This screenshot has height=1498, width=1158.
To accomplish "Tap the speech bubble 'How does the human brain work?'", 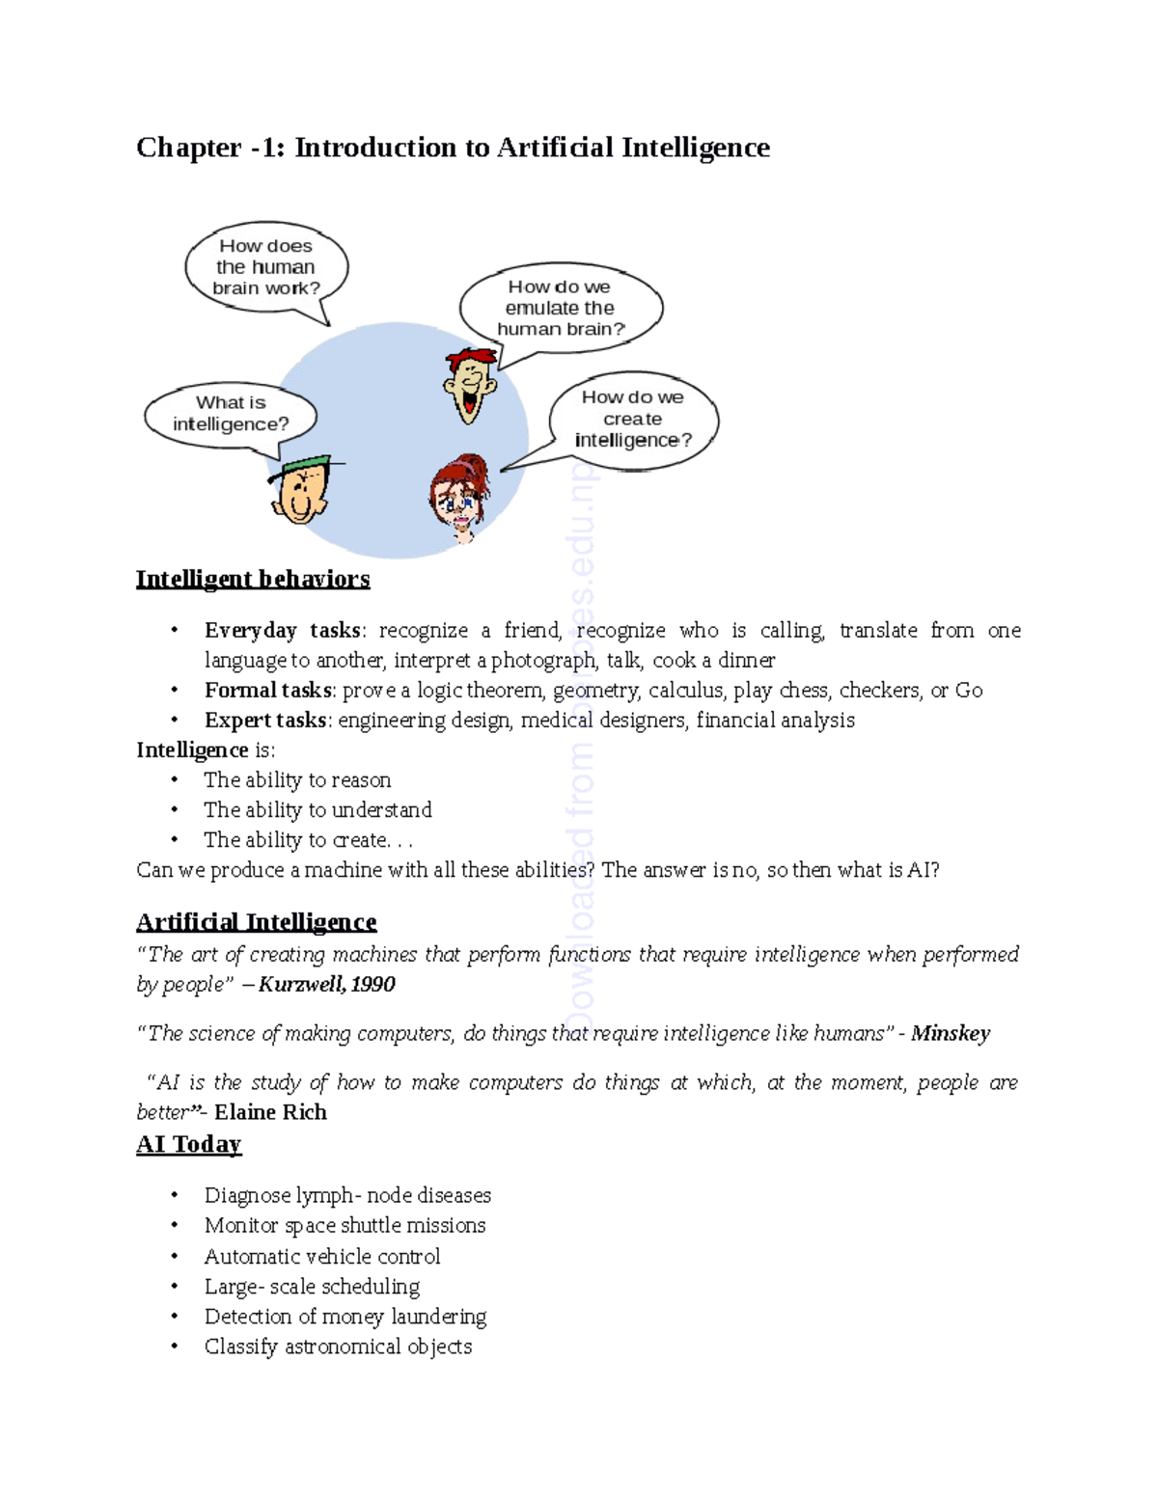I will [265, 267].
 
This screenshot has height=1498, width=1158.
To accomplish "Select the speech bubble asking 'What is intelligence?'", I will [231, 414].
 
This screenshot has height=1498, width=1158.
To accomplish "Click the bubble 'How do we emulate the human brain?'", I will [561, 308].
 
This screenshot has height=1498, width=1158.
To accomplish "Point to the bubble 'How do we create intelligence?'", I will [633, 419].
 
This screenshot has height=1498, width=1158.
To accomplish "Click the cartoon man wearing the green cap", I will [301, 490].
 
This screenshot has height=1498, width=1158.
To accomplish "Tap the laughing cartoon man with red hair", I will [470, 384].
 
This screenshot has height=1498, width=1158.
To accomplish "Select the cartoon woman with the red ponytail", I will [459, 497].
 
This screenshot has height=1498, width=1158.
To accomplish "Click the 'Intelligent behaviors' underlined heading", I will [253, 579].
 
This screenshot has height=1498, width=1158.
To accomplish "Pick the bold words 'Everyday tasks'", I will [283, 631].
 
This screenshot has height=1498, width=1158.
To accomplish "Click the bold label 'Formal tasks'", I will [267, 691].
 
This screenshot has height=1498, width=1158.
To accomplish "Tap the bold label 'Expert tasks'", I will [265, 721].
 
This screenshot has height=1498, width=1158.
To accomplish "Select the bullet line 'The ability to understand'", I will [317, 810].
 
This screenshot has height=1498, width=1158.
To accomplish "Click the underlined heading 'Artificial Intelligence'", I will [256, 922].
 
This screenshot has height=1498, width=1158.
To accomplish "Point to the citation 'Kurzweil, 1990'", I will [326, 985].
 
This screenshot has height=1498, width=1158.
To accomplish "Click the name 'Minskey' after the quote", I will [950, 1034].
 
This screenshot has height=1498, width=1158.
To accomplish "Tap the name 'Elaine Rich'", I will [270, 1113].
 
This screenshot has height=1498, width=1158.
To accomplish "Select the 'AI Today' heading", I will [189, 1144].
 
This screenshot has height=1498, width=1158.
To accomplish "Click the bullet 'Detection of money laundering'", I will [345, 1317].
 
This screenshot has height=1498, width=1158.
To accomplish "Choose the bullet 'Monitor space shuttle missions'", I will [345, 1226].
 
